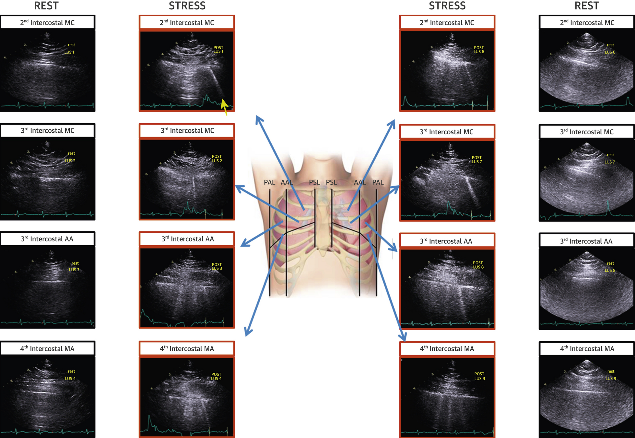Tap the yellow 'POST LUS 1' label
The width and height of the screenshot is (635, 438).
click(x=218, y=49)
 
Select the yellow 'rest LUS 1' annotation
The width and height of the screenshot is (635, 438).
click(x=70, y=48)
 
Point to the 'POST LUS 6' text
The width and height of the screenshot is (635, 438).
click(x=478, y=50)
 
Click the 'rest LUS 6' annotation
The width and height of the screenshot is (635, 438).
click(x=610, y=48)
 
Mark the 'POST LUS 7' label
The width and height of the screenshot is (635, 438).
click(x=476, y=159)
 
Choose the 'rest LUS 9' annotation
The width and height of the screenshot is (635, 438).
click(x=611, y=375)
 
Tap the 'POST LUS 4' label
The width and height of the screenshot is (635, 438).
click(x=216, y=376)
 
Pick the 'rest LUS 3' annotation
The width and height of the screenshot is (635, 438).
click(x=74, y=266)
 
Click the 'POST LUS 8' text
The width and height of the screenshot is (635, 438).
click(x=478, y=265)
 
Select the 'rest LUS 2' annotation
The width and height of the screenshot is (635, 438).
click(x=70, y=157)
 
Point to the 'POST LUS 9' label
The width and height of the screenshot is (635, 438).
click(x=479, y=376)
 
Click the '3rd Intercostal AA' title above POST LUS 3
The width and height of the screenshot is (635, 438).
click(x=187, y=239)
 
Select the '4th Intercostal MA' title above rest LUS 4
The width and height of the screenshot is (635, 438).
click(x=47, y=348)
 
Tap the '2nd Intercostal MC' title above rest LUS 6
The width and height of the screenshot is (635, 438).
click(x=587, y=23)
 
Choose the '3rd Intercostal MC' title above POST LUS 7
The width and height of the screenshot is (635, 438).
click(x=446, y=132)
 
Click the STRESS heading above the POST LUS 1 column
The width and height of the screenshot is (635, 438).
click(x=187, y=6)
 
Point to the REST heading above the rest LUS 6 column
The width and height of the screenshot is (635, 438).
click(x=587, y=6)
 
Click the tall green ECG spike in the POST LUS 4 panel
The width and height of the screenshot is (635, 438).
click(x=149, y=422)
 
